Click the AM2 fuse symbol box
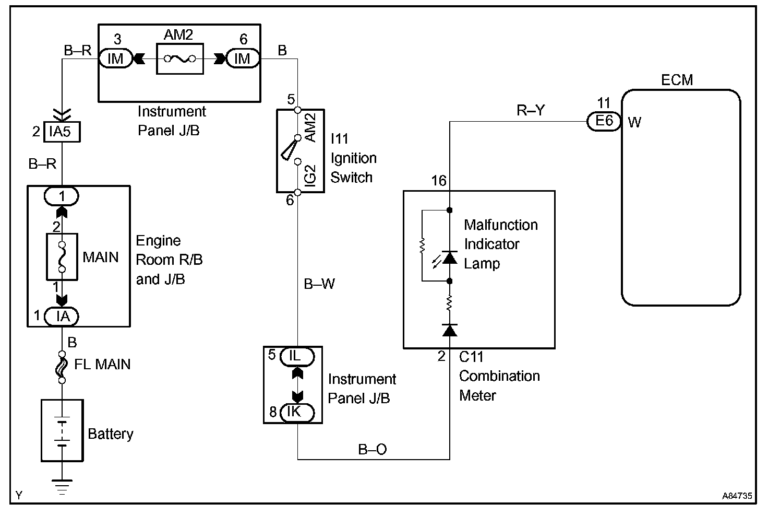point(179,58)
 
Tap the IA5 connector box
point(60,132)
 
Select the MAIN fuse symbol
point(62,256)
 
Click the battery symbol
point(62,431)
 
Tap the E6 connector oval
point(604,121)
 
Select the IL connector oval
point(295,356)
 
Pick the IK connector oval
point(295,412)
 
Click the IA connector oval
point(62,316)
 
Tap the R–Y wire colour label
point(530,110)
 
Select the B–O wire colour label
point(372,449)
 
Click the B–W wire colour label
point(319,284)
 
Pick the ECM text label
point(677,80)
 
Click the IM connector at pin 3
point(115,58)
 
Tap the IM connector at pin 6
point(243,58)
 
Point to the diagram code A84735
point(737,495)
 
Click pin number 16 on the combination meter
point(439,181)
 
